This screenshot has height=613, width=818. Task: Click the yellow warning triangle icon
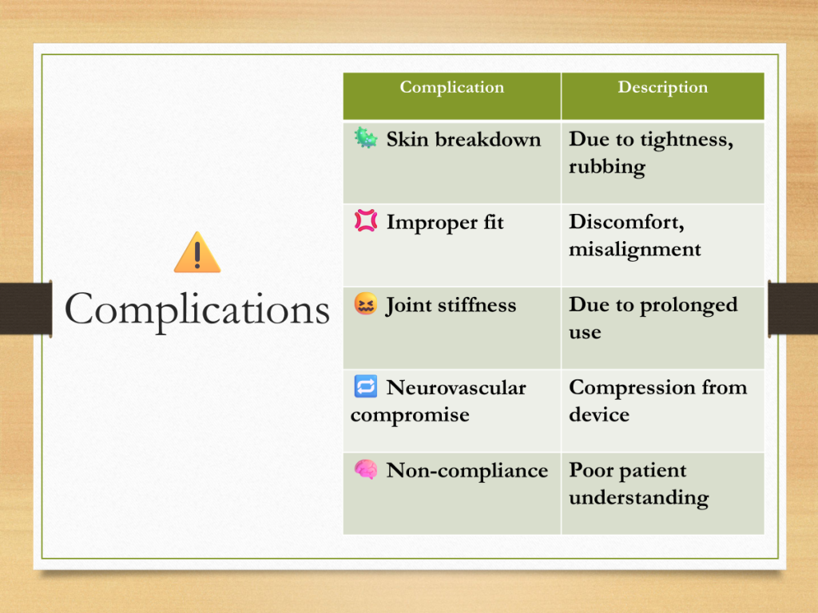click(x=197, y=252)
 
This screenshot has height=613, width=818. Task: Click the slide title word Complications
click(x=197, y=310)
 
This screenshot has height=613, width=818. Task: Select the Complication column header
click(x=452, y=87)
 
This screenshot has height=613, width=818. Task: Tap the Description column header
click(x=662, y=87)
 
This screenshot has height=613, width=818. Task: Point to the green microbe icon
click(x=365, y=138)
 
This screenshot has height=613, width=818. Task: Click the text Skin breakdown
click(x=463, y=140)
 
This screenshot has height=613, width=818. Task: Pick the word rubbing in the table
click(x=607, y=168)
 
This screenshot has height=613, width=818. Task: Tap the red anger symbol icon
click(x=366, y=220)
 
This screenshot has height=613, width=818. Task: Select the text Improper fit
click(x=445, y=223)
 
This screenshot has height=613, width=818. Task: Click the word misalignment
click(x=635, y=250)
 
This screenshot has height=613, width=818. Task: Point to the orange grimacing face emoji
click(x=365, y=303)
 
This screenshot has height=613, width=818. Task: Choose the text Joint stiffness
click(x=451, y=306)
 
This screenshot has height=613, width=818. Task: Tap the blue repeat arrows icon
click(x=366, y=386)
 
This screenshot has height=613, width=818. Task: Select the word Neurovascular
click(x=456, y=388)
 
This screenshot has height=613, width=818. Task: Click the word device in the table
click(x=599, y=414)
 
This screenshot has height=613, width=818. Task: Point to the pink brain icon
click(x=366, y=469)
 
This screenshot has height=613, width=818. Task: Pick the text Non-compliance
click(x=467, y=471)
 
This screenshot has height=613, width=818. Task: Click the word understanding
click(x=639, y=498)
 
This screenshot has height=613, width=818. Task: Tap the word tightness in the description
click(x=686, y=140)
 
